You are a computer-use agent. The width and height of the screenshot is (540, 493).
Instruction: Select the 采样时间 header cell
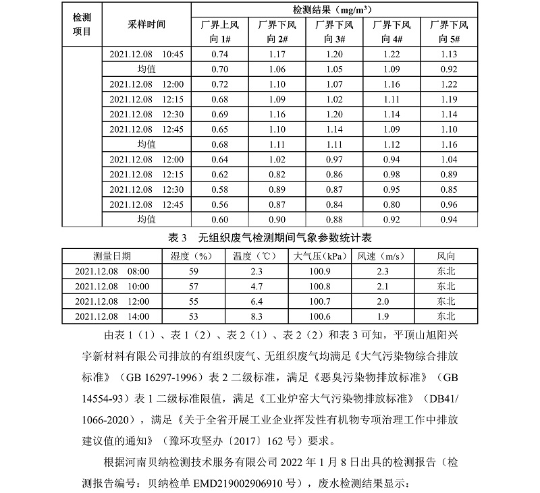(146, 24)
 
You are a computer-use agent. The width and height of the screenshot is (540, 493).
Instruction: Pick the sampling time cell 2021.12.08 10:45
(146, 54)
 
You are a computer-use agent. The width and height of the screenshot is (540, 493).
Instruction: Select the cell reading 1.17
(277, 54)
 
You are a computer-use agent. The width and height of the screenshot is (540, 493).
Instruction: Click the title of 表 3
(269, 237)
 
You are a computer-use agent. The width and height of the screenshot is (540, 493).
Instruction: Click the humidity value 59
(194, 271)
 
